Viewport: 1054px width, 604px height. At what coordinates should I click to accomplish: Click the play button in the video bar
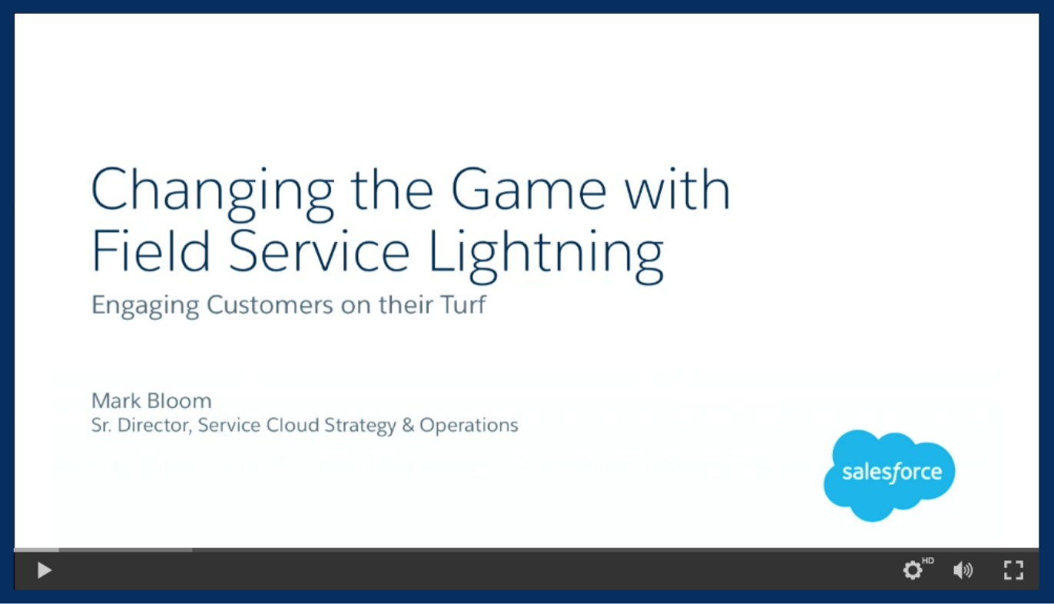tap(45, 570)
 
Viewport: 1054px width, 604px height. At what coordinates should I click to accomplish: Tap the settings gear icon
tap(913, 570)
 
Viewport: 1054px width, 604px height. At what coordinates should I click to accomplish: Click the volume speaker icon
tap(963, 570)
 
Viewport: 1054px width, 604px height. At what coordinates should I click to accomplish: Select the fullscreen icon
tap(1013, 570)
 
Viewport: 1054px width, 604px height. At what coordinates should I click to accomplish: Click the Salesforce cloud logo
tap(890, 475)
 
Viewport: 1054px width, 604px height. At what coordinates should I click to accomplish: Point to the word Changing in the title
tap(213, 192)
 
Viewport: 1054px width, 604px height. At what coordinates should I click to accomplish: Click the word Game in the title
tap(529, 188)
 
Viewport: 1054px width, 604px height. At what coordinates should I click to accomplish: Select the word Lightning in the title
tap(546, 254)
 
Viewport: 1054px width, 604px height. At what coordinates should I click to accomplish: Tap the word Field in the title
tap(150, 250)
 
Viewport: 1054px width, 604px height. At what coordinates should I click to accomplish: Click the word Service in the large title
tap(320, 250)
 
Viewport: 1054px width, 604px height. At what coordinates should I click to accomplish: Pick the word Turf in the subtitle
tap(463, 304)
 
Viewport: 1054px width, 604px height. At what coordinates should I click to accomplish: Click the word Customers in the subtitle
tap(270, 304)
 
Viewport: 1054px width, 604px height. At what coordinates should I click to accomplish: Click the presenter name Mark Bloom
tap(151, 400)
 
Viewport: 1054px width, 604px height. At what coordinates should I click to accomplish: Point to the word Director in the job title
tap(155, 425)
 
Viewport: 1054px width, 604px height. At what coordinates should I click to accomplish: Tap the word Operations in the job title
tap(469, 426)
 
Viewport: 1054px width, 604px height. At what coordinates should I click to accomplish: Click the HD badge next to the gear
tap(928, 560)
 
